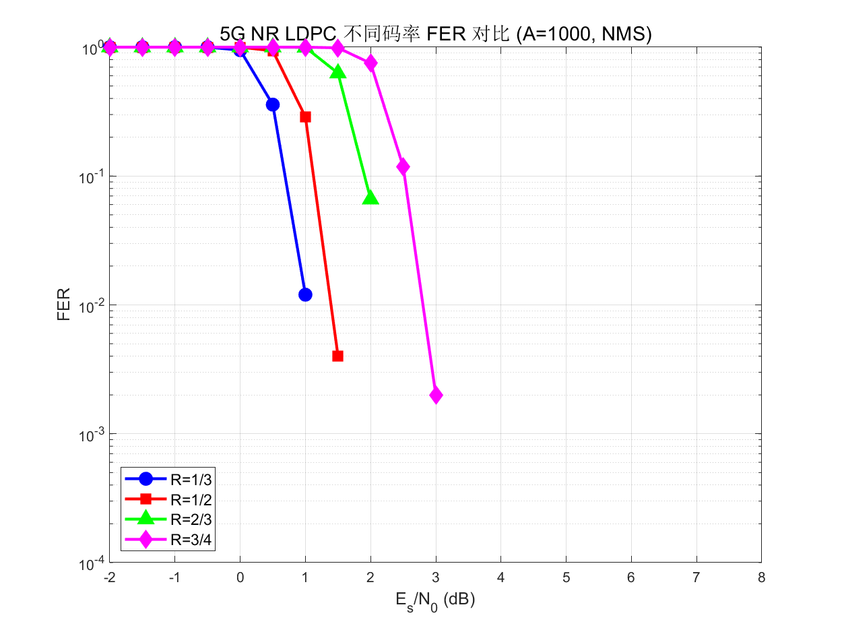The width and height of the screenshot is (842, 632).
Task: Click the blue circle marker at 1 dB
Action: click(x=305, y=294)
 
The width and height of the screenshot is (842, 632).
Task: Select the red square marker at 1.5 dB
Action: click(x=337, y=356)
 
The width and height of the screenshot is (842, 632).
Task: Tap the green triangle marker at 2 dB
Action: click(x=370, y=197)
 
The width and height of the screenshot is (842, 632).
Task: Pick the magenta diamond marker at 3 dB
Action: click(x=436, y=396)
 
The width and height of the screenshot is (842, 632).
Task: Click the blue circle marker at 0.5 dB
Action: click(x=273, y=104)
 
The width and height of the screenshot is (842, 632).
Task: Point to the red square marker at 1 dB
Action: click(x=305, y=117)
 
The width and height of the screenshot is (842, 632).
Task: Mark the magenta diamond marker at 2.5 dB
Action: click(x=403, y=166)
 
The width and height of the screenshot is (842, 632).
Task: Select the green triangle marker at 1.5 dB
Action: click(x=337, y=71)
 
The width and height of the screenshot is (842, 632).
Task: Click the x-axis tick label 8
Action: click(x=761, y=578)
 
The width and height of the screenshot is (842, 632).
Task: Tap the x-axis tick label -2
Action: click(x=108, y=578)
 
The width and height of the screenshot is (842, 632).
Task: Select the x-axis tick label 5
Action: click(x=566, y=578)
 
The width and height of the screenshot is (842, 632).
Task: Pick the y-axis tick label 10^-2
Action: click(x=89, y=305)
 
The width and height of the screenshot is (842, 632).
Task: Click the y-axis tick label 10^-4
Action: click(x=89, y=563)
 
